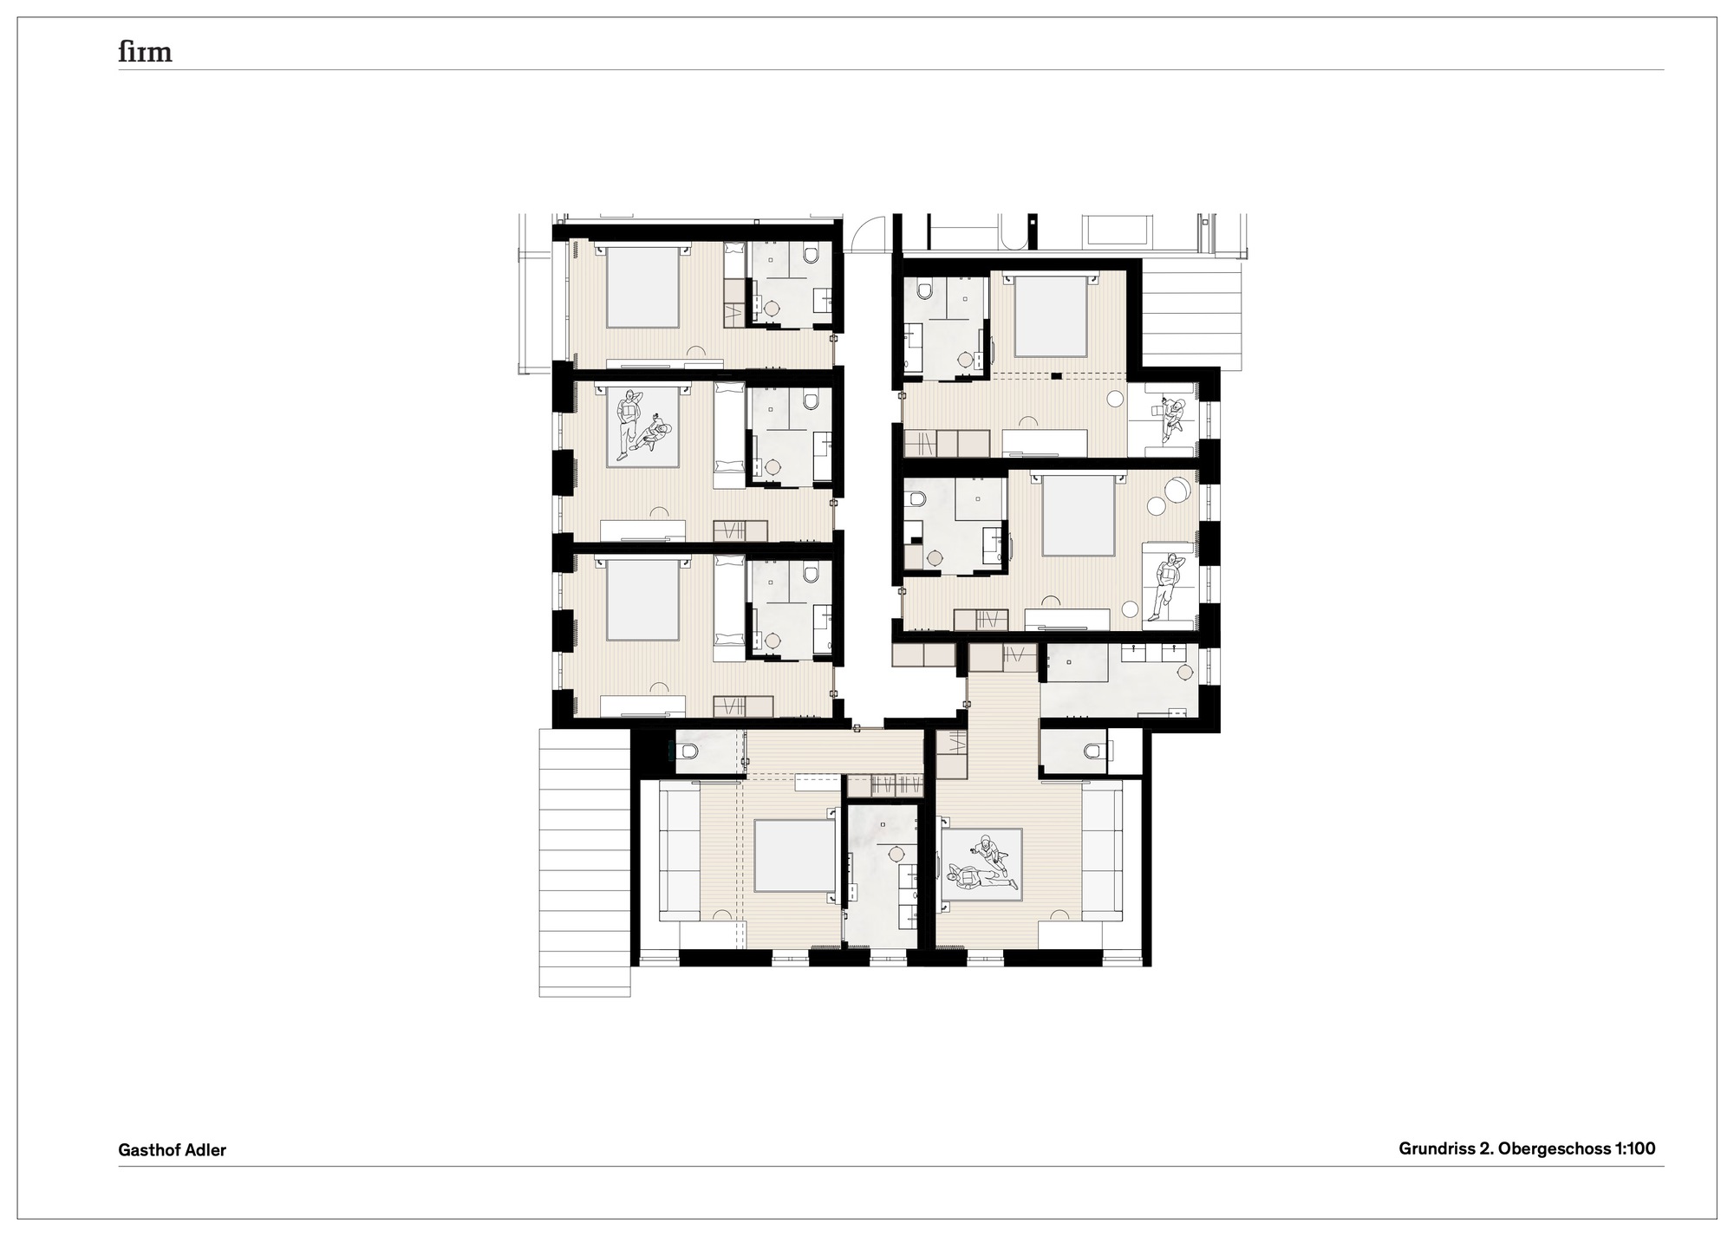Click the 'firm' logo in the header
[145, 53]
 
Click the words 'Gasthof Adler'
[172, 1150]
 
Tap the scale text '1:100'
[1635, 1148]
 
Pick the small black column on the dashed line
[1057, 375]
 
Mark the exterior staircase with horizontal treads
[583, 862]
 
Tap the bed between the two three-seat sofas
[793, 855]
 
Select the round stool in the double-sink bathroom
[1184, 672]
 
